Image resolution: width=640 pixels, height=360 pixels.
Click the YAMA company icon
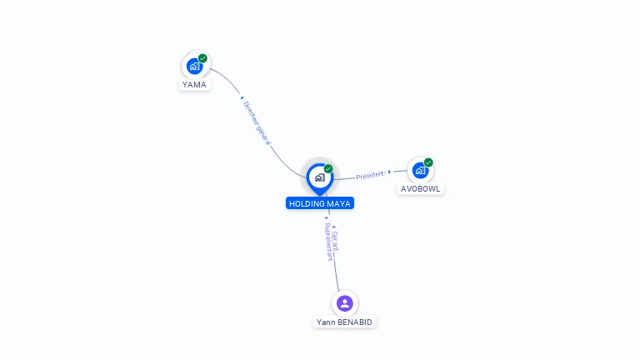click(195, 66)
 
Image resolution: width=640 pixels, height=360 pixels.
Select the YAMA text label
click(194, 84)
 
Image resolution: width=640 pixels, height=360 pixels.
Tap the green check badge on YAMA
click(202, 58)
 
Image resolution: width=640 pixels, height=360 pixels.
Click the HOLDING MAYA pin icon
click(320, 179)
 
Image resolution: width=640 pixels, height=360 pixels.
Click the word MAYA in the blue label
click(337, 203)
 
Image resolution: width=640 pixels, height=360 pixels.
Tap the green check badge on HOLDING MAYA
click(328, 168)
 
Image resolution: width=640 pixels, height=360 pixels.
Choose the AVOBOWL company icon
click(420, 170)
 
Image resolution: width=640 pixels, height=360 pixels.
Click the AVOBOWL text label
click(420, 189)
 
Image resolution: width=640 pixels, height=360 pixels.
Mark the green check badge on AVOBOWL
click(428, 162)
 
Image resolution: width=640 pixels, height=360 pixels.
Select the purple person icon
click(345, 303)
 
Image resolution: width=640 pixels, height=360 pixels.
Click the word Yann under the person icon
click(325, 322)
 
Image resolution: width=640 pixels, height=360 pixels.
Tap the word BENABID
click(354, 322)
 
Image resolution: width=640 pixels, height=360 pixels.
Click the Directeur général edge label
click(257, 122)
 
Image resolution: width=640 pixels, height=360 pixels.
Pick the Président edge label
click(371, 175)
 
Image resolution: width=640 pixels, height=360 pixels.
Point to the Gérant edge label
click(336, 241)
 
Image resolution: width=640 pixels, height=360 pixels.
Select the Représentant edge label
click(328, 242)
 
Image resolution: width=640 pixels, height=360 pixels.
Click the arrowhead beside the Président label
click(390, 172)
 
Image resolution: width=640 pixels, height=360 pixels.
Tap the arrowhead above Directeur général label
click(242, 97)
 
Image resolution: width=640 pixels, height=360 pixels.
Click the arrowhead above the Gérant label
click(334, 227)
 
